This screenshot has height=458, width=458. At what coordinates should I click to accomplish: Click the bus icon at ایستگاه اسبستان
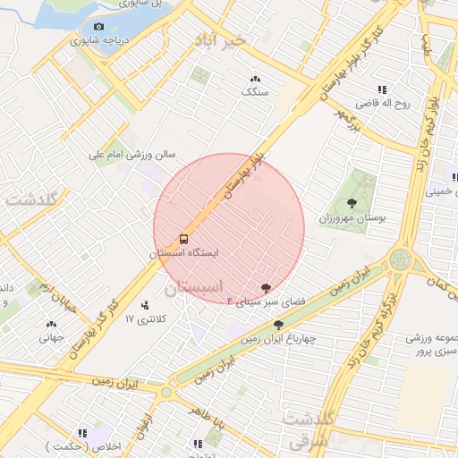[183, 240]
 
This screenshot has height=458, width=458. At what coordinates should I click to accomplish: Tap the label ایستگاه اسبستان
[183, 254]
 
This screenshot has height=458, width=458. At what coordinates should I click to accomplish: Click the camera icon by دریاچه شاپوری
[98, 28]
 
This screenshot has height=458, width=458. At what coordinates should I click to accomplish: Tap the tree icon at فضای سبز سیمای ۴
[266, 287]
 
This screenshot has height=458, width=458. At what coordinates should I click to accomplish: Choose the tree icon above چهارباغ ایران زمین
[278, 325]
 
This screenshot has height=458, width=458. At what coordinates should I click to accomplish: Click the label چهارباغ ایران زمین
[277, 339]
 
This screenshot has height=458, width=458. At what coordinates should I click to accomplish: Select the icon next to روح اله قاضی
[382, 89]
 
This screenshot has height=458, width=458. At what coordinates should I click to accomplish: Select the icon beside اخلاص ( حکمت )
[83, 432]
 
